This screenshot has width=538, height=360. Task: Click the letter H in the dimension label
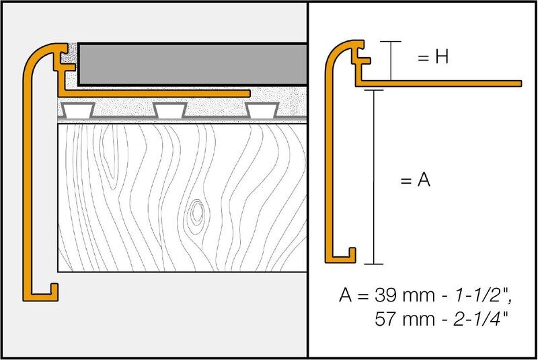[x=442, y=57]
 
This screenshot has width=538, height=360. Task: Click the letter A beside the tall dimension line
[x=424, y=179]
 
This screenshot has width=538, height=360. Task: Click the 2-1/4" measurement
[x=480, y=318]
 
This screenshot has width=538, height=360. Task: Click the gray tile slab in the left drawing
[x=192, y=64]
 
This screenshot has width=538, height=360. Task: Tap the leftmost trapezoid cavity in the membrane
[x=78, y=110]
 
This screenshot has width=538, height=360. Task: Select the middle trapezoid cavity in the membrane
[x=170, y=110]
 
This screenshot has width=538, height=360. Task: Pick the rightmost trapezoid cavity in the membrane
[x=262, y=110]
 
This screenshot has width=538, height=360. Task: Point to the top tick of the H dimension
[x=391, y=42]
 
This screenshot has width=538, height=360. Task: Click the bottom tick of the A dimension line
[x=374, y=264]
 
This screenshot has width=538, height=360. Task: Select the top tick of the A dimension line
[x=374, y=90]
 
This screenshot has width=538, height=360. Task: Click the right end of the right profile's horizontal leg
[x=521, y=83]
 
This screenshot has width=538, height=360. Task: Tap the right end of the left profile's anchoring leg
[x=249, y=94]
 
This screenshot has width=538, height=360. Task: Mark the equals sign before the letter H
[x=424, y=58]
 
